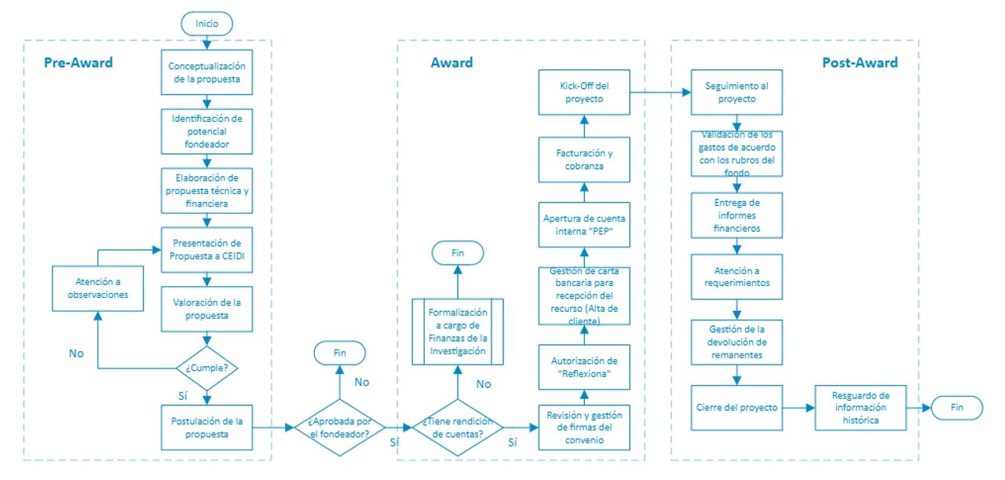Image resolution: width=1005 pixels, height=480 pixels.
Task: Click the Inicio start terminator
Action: point(207,24)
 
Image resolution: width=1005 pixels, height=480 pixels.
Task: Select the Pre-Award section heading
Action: point(78,63)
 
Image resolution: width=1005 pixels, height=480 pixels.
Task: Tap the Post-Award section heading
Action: point(860,63)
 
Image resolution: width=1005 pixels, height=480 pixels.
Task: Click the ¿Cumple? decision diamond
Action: point(207,367)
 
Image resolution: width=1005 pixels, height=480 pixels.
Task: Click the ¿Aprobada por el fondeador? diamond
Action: point(338,427)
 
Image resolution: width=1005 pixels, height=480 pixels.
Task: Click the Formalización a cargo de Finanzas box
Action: point(458,331)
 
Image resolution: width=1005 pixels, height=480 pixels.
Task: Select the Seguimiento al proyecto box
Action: point(736,93)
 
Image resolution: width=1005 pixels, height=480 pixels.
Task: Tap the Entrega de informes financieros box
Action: point(736,215)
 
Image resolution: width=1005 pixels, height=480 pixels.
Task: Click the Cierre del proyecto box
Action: point(736,408)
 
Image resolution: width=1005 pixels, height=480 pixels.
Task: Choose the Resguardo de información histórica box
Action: point(861,408)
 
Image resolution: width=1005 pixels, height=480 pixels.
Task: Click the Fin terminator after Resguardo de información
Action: point(956,408)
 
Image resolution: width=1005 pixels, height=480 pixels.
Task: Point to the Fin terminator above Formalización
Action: point(458,254)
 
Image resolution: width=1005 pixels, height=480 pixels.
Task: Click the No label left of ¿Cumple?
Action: point(75,354)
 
